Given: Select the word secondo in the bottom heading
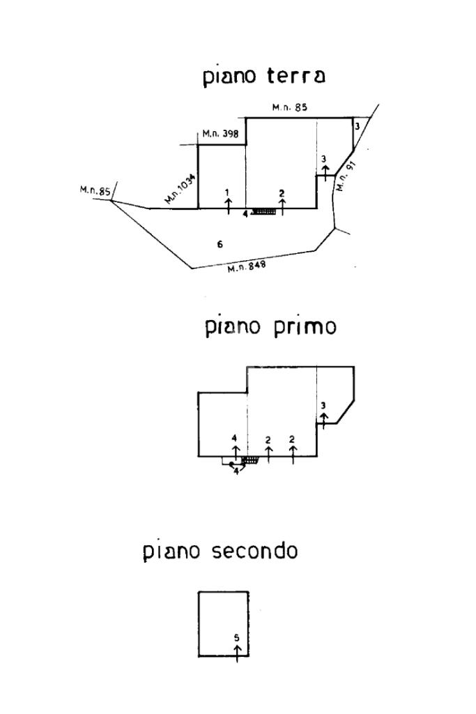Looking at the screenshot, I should click(254, 552).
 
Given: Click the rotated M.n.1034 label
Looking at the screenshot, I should click(181, 188).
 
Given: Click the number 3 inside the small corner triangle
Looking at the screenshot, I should click(357, 126).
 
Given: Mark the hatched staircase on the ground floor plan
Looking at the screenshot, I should click(264, 211).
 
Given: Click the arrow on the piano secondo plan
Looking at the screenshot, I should click(237, 652).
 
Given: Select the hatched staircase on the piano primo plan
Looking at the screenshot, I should click(251, 460).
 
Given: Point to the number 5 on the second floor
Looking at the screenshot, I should click(237, 637).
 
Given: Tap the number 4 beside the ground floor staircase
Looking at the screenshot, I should click(245, 213).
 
